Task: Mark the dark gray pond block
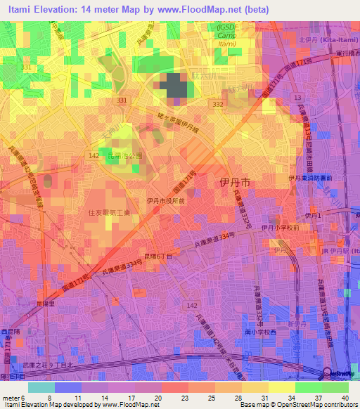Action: coord(177,86)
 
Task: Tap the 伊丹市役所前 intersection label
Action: coord(166,201)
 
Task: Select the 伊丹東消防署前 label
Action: coord(311,177)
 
